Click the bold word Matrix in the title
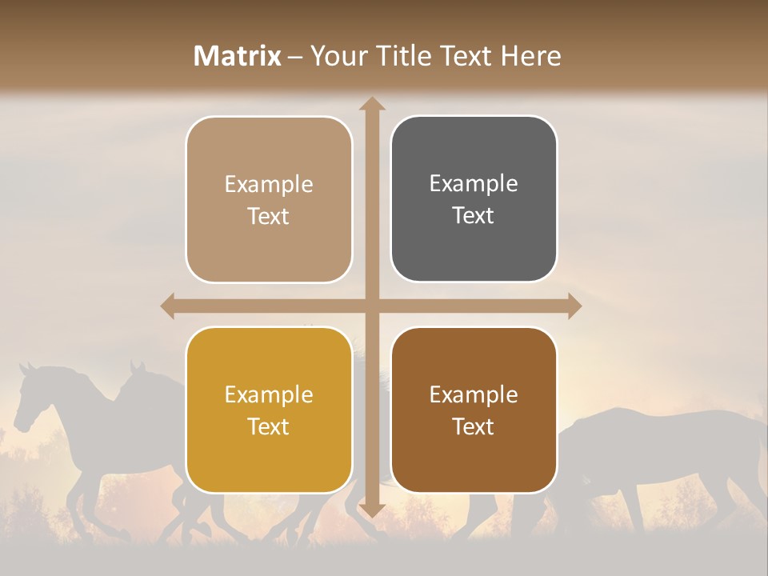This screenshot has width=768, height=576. tap(238, 56)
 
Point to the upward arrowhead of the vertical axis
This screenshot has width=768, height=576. tap(372, 103)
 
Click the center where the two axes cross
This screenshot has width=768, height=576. tap(372, 306)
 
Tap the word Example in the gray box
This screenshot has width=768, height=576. tap(474, 184)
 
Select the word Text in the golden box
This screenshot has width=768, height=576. tap(269, 426)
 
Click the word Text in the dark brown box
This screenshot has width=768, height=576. tap(474, 426)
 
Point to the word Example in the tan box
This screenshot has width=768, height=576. tap(269, 185)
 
